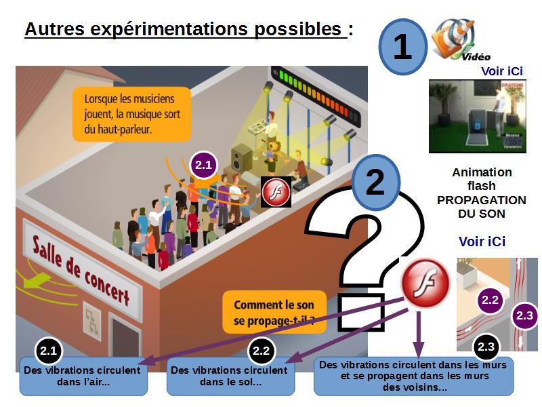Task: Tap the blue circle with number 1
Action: [x=402, y=47]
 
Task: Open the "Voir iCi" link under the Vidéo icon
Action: [x=501, y=71]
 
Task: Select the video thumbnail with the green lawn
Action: [x=478, y=116]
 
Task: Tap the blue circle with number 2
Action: [x=375, y=182]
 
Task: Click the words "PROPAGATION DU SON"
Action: [x=482, y=207]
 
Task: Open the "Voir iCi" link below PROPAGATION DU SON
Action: [x=482, y=241]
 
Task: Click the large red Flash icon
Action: [x=427, y=282]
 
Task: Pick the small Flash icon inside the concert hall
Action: [x=276, y=192]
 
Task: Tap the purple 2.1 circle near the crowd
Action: [x=204, y=165]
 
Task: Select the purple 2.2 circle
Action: [x=490, y=300]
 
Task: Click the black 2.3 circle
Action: [x=486, y=347]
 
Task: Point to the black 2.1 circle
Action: [x=48, y=351]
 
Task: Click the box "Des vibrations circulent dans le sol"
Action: [x=230, y=376]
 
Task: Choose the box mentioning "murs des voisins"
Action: [x=413, y=376]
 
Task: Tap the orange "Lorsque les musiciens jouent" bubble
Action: [x=131, y=114]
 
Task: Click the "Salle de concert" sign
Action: [x=82, y=270]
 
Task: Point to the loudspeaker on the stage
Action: [x=241, y=159]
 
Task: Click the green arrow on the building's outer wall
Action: [x=36, y=279]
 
